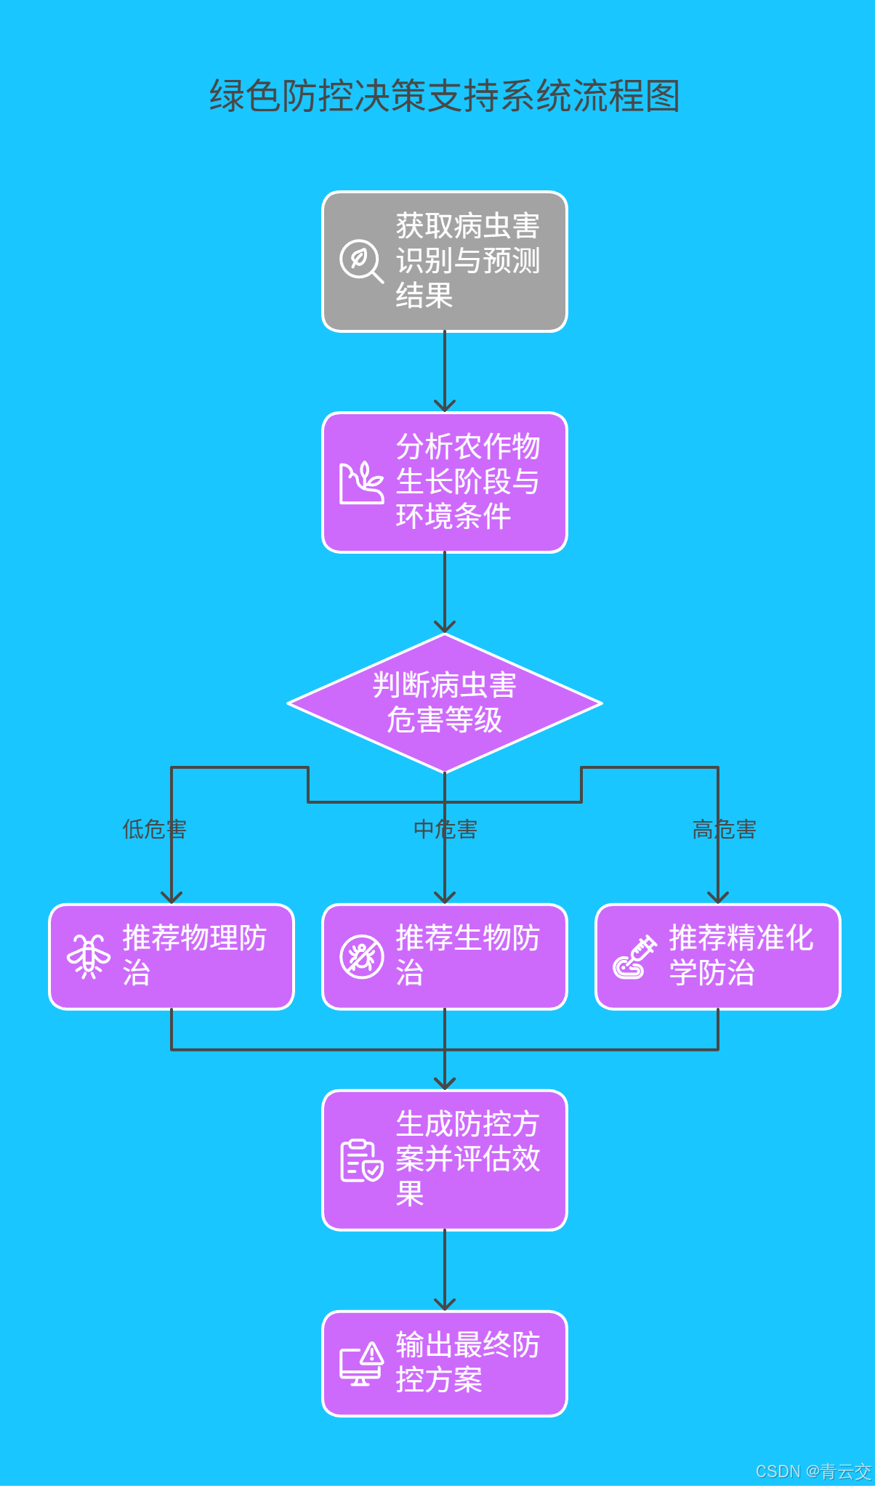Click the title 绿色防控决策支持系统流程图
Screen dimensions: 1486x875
pyautogui.click(x=444, y=96)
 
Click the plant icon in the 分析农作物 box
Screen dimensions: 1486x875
pyautogui.click(x=361, y=482)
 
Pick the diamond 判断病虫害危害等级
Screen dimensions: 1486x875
pyautogui.click(x=444, y=703)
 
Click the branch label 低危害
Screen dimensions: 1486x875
pyautogui.click(x=154, y=829)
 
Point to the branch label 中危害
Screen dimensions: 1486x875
pyautogui.click(x=445, y=829)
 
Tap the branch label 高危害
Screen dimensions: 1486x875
pyautogui.click(x=724, y=829)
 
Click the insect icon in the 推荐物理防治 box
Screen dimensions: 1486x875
pyautogui.click(x=89, y=956)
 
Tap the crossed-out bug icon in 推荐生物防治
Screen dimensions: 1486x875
pyautogui.click(x=361, y=956)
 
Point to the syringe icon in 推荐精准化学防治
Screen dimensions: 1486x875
pyautogui.click(x=634, y=957)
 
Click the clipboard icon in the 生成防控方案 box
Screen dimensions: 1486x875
pyautogui.click(x=361, y=1160)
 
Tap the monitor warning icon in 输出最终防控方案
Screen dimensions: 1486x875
pyautogui.click(x=361, y=1364)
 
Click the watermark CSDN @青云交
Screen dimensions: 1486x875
pyautogui.click(x=812, y=1471)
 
